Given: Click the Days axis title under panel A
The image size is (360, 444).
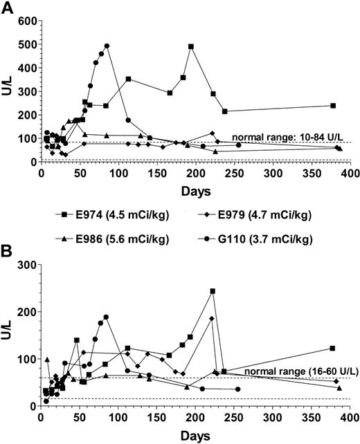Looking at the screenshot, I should [x=195, y=189].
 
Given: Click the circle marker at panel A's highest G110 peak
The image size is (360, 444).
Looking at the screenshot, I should [x=107, y=46].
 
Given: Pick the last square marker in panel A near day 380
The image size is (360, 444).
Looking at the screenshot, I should [x=333, y=106].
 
